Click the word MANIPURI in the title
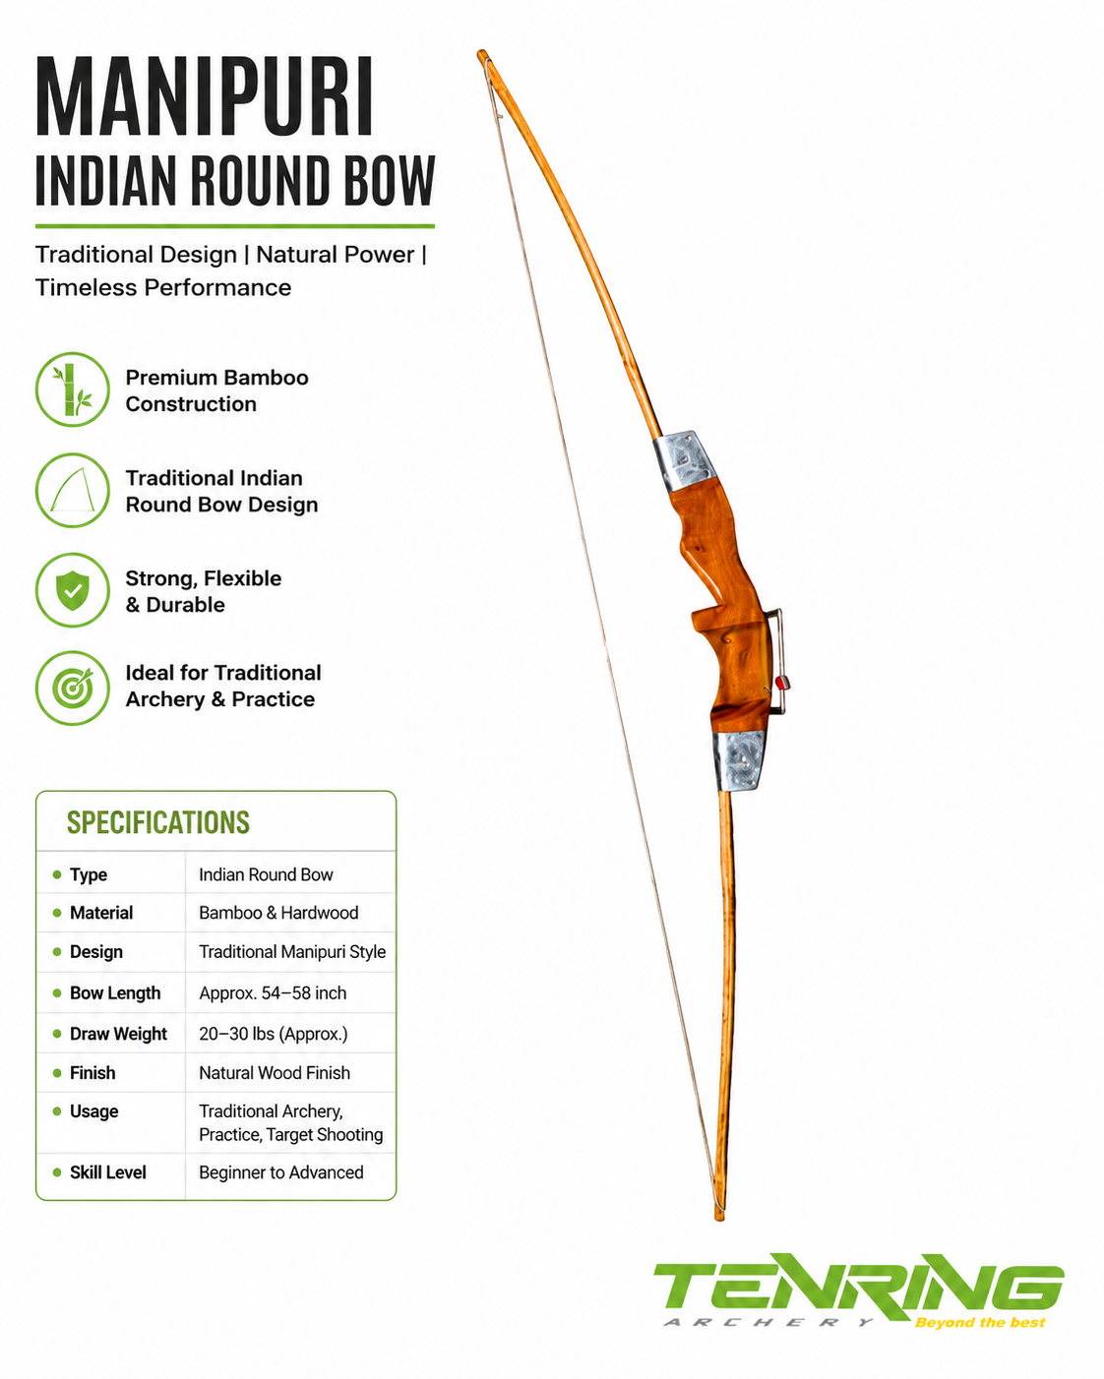pyautogui.click(x=204, y=96)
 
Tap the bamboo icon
pyautogui.click(x=73, y=390)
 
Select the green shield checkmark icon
pyautogui.click(x=73, y=590)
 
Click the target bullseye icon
pyautogui.click(x=73, y=689)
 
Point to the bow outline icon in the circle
pyautogui.click(x=73, y=490)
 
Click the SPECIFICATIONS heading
pyautogui.click(x=157, y=822)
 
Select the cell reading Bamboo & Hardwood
pyautogui.click(x=278, y=913)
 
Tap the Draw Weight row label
pyautogui.click(x=118, y=1034)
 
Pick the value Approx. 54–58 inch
pyautogui.click(x=273, y=992)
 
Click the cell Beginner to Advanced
pyautogui.click(x=280, y=1172)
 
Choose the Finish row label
pyautogui.click(x=92, y=1073)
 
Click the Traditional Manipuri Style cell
pyautogui.click(x=292, y=951)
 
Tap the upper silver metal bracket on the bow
pyautogui.click(x=685, y=460)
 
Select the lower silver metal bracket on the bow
pyautogui.click(x=739, y=760)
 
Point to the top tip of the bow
pyautogui.click(x=482, y=54)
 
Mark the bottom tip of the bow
pyautogui.click(x=719, y=1216)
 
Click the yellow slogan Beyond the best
pyautogui.click(x=980, y=1322)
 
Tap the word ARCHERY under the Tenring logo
pyautogui.click(x=768, y=1322)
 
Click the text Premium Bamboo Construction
pyautogui.click(x=216, y=390)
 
